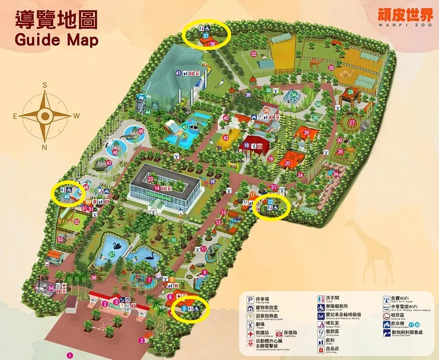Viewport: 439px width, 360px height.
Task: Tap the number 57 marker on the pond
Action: coord(112,254)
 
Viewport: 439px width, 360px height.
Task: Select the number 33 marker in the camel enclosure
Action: coord(330,68)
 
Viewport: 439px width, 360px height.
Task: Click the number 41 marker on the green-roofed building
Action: coord(178,72)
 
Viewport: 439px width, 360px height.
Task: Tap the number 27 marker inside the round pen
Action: coord(352,123)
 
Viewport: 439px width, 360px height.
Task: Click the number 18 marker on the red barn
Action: coord(246,145)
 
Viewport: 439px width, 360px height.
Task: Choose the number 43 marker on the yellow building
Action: coord(225,138)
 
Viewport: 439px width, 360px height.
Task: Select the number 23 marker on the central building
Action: coord(151,179)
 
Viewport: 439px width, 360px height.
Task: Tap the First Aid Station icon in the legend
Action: coord(250,333)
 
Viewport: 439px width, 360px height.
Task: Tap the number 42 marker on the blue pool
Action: coord(185,126)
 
